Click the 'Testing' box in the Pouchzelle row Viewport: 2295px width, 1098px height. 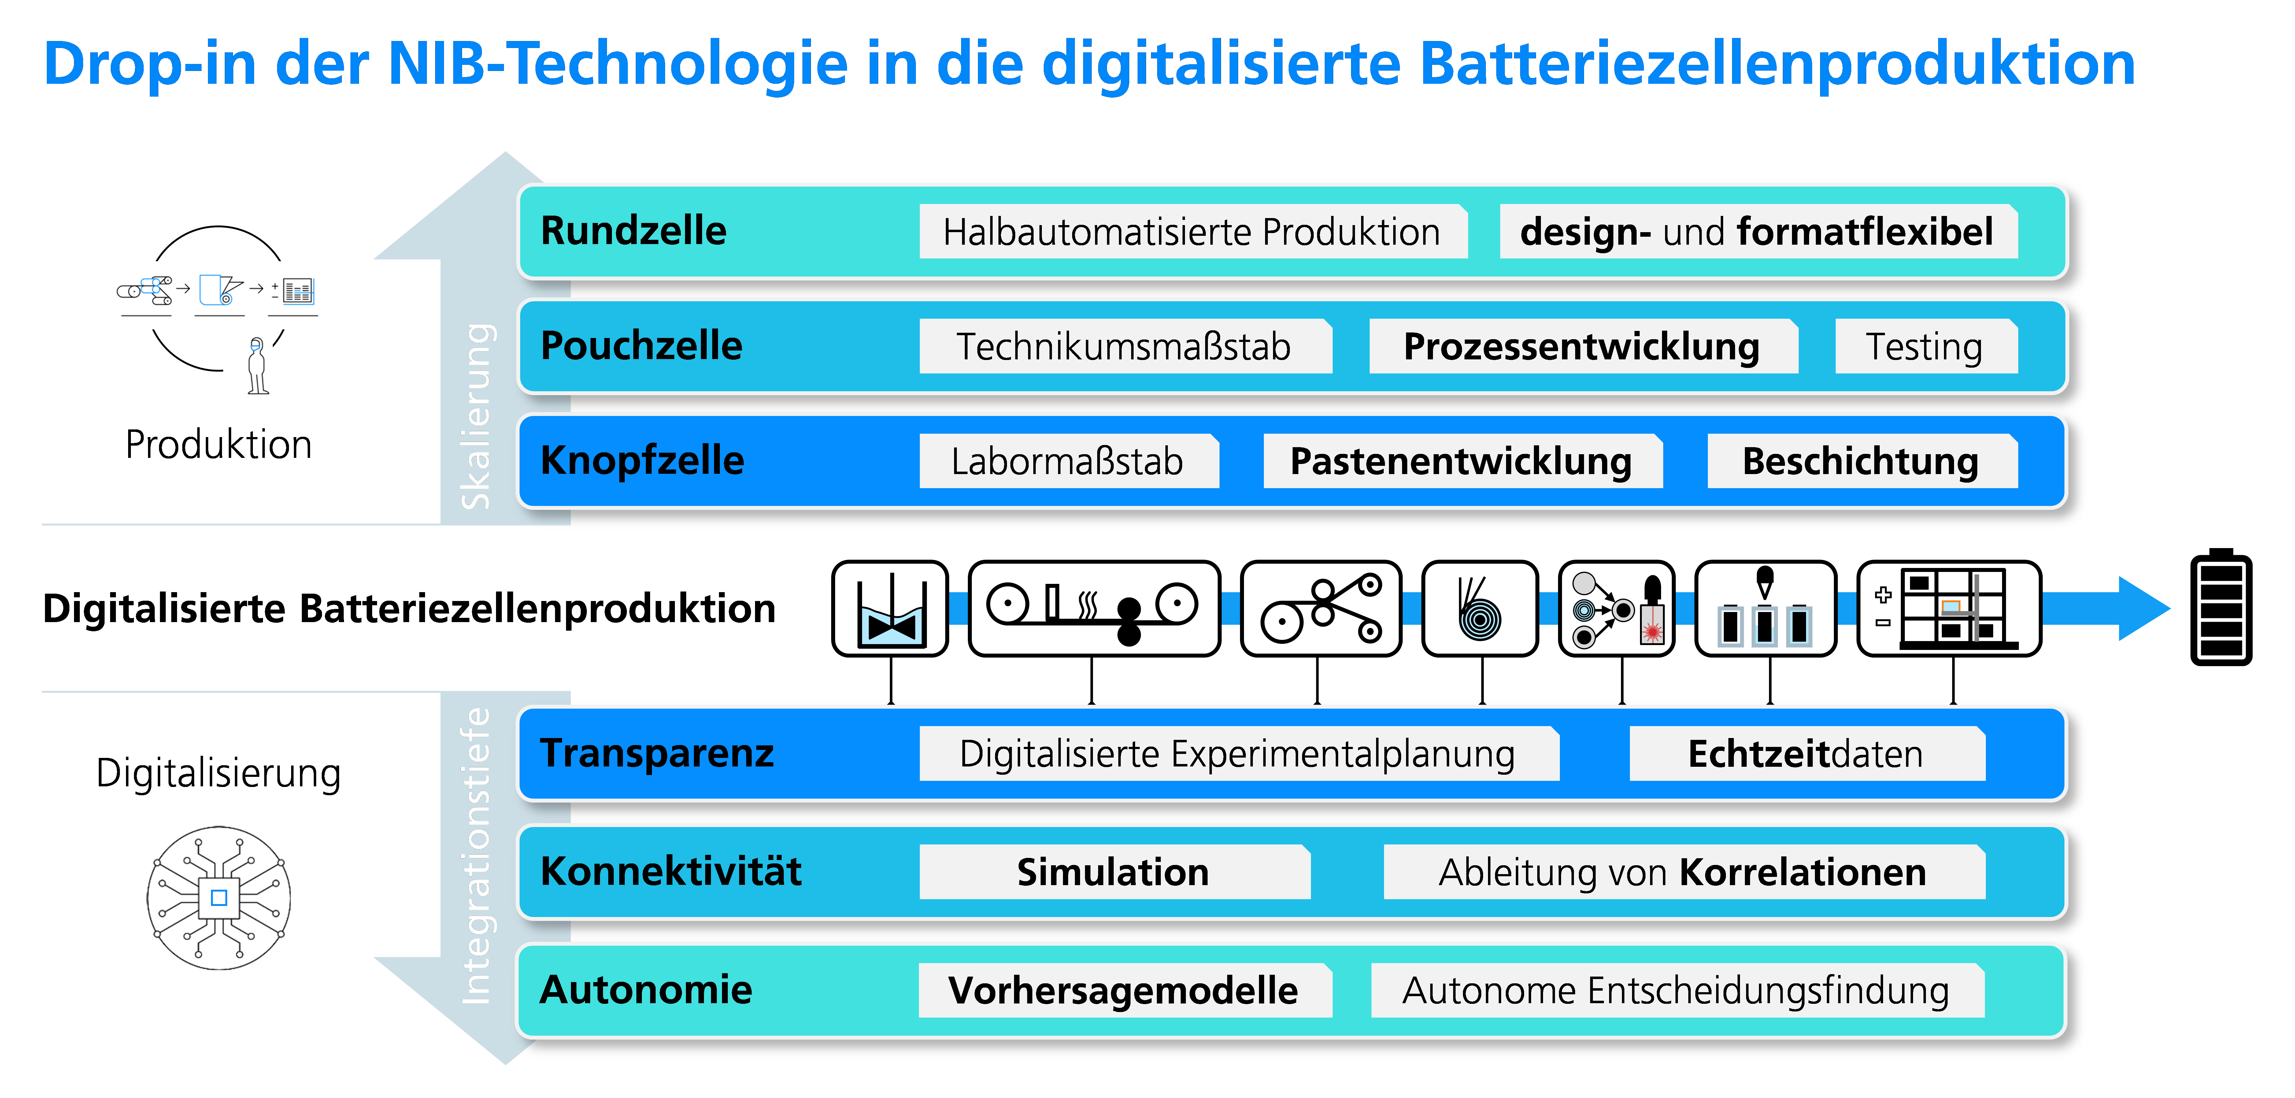click(x=1926, y=346)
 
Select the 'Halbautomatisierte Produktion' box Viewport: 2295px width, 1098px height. click(x=1193, y=232)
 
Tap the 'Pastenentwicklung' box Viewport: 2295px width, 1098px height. click(x=1462, y=461)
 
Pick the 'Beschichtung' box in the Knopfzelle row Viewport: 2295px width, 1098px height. click(x=1862, y=461)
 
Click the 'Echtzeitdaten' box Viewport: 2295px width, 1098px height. click(x=1807, y=754)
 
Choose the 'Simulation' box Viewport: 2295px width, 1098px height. click(x=1115, y=872)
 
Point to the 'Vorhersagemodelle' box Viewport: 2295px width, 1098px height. click(x=1125, y=990)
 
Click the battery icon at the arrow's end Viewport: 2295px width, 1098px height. click(x=2221, y=607)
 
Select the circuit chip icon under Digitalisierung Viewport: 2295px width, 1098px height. click(x=219, y=897)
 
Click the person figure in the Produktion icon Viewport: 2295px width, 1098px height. click(x=257, y=365)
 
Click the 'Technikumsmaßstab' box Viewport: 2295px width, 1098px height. click(x=1125, y=346)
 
